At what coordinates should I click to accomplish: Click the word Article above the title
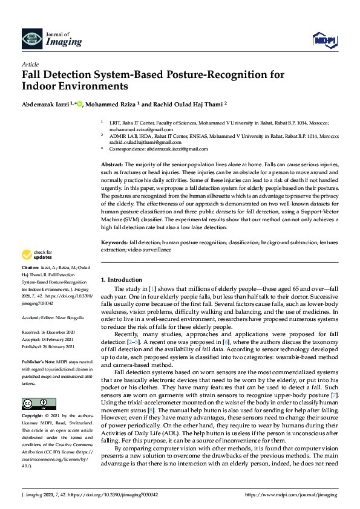tap(30, 64)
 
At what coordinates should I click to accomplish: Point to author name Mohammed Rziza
tap(111, 103)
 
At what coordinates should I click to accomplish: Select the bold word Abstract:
tap(112, 164)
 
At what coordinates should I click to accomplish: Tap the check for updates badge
tap(37, 271)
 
